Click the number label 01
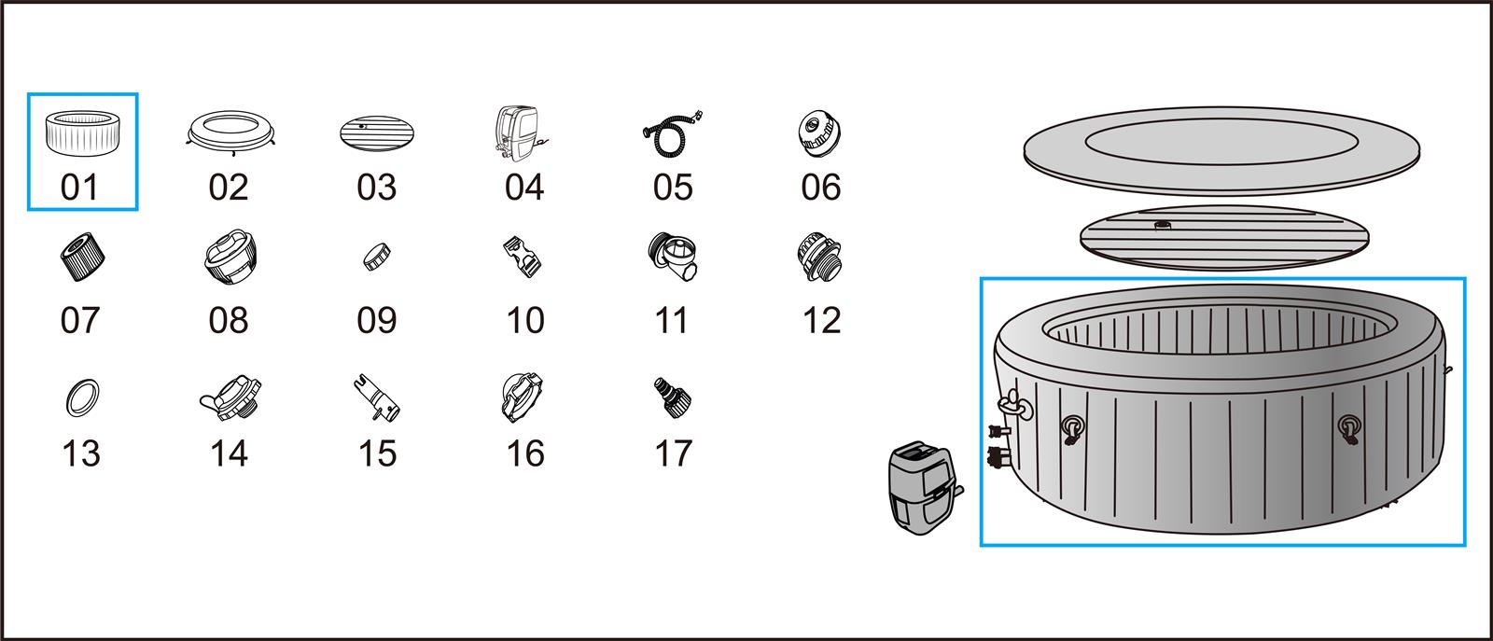79,188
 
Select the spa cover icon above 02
228,130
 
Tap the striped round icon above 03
377,132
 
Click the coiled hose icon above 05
671,130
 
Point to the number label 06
821,188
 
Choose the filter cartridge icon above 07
82,258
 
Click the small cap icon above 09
376,258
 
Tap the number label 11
672,321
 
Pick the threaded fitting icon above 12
819,258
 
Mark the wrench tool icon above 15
378,397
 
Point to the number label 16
524,454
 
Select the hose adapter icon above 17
672,396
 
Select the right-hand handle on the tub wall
1348,428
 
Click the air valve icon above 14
230,396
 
